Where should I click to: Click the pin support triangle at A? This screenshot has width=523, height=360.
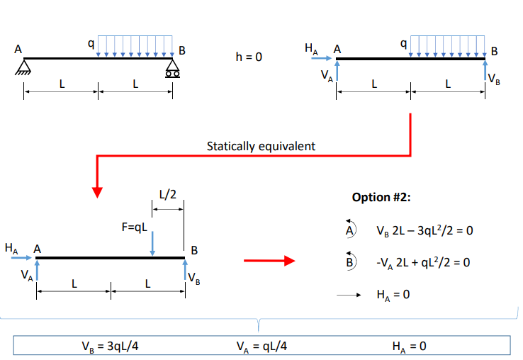pyautogui.click(x=24, y=67)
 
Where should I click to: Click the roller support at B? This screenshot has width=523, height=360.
pyautogui.click(x=171, y=69)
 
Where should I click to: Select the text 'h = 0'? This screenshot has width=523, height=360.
pyautogui.click(x=249, y=56)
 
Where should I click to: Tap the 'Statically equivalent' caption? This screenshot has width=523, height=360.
pyautogui.click(x=261, y=146)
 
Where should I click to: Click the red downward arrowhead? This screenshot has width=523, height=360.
pyautogui.click(x=98, y=191)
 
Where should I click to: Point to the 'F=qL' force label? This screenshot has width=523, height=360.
pyautogui.click(x=134, y=227)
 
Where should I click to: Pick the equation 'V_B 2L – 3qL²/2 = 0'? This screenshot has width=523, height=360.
pyautogui.click(x=424, y=232)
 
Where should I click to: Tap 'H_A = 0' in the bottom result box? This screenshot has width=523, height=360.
pyautogui.click(x=409, y=346)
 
